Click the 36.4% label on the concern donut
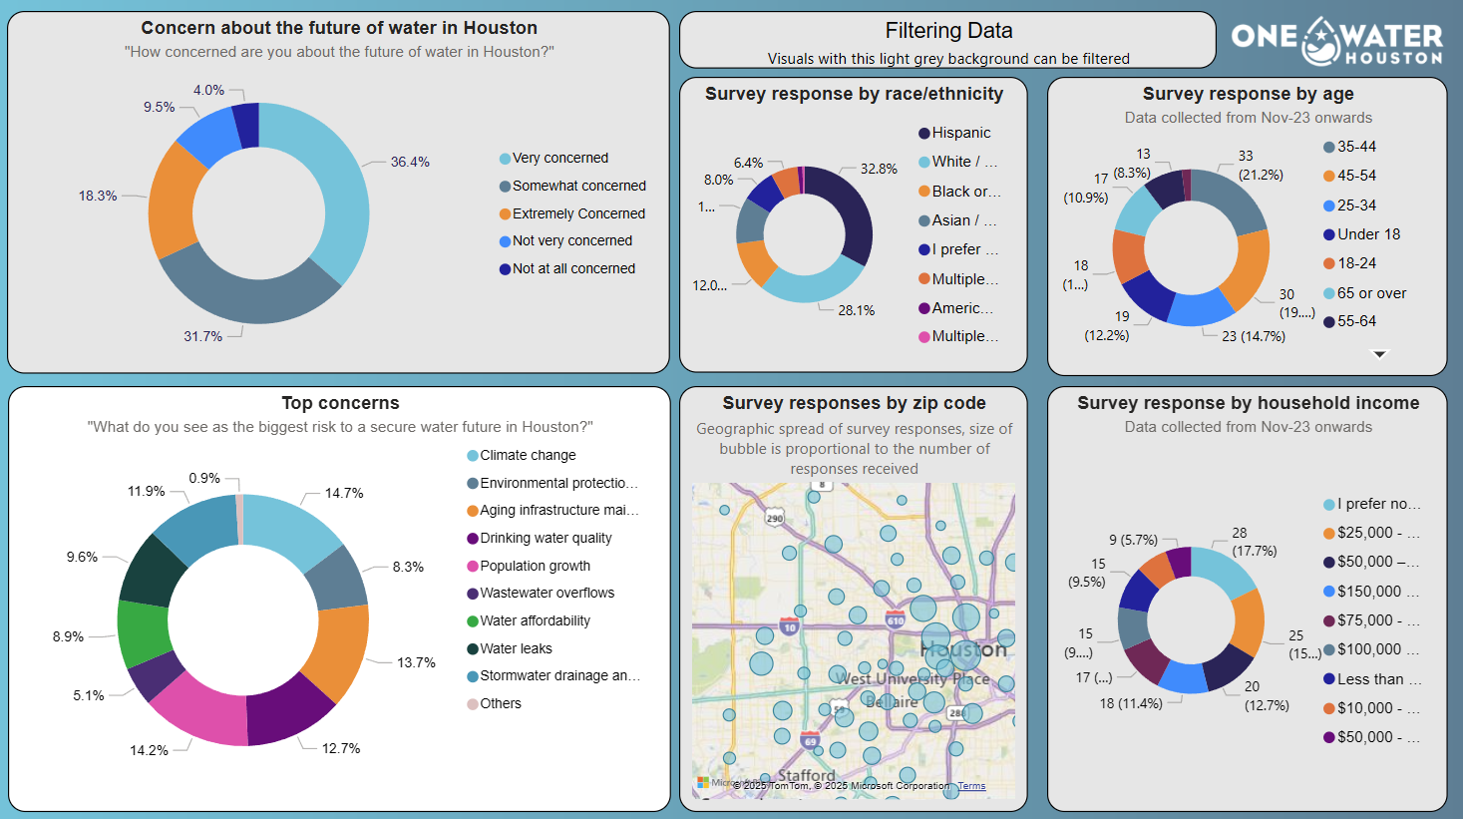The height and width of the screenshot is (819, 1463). [x=410, y=162]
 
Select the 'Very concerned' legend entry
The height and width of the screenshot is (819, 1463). [x=559, y=158]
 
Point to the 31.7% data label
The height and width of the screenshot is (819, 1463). [x=202, y=336]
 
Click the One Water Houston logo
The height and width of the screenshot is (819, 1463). [x=1336, y=41]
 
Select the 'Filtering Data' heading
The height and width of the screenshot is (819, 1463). [x=948, y=31]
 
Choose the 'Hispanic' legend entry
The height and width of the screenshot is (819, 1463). [x=960, y=133]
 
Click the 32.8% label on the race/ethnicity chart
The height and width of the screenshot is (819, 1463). [x=879, y=169]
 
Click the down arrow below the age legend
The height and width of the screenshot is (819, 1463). [x=1380, y=354]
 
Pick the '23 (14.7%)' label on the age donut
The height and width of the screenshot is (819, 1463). [x=1254, y=336]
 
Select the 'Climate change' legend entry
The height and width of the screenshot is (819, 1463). [x=528, y=455]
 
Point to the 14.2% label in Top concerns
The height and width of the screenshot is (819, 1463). [x=149, y=750]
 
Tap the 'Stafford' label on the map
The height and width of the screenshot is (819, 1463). [x=806, y=775]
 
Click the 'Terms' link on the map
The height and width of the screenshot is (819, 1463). [x=971, y=786]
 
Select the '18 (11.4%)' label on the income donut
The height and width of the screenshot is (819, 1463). [x=1131, y=703]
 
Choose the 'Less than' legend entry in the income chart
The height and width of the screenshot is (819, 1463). [x=1378, y=679]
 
